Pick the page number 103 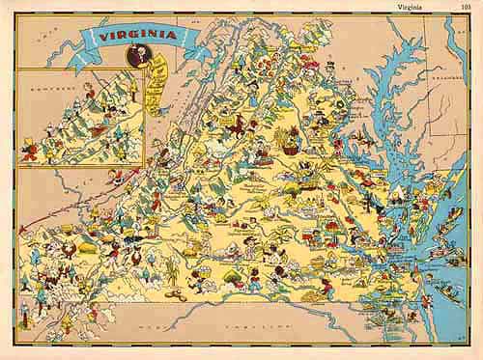click(469, 6)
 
